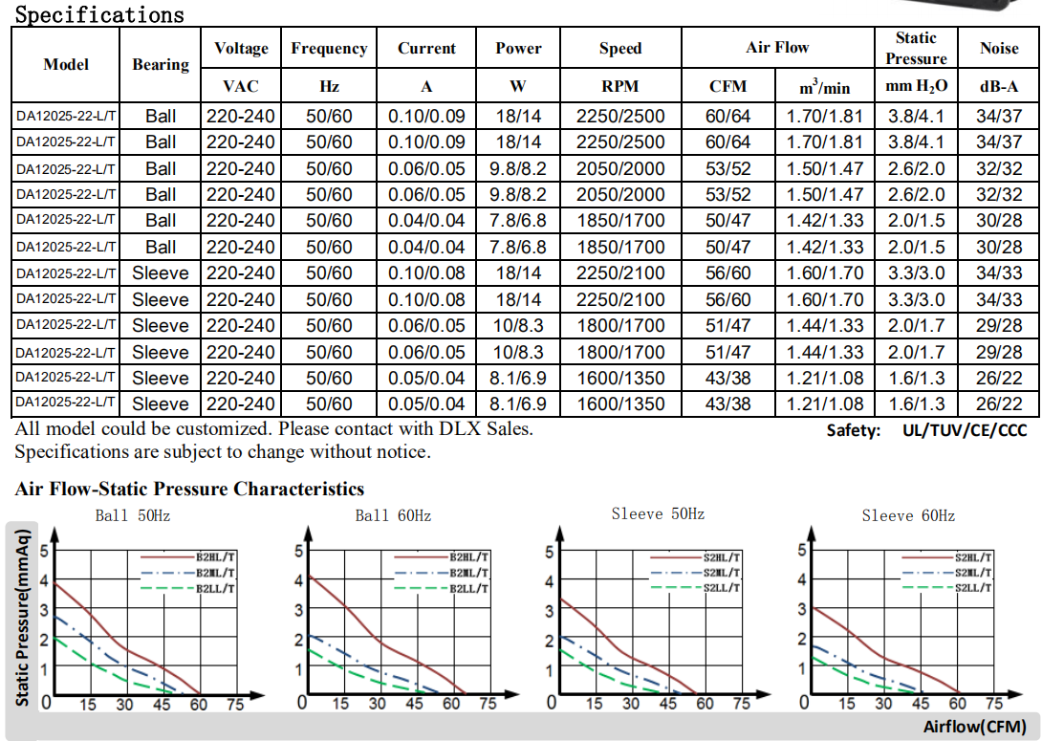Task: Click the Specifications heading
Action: pyautogui.click(x=99, y=14)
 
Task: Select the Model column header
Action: pyautogui.click(x=66, y=64)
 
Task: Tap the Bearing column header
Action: pyautogui.click(x=161, y=64)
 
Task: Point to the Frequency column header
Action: pyautogui.click(x=329, y=48)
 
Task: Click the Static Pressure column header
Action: pyautogui.click(x=915, y=48)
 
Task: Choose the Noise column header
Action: pyautogui.click(x=999, y=48)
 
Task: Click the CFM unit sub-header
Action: pyautogui.click(x=727, y=86)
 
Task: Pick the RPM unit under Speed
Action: pyautogui.click(x=620, y=86)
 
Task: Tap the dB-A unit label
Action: pyautogui.click(x=999, y=86)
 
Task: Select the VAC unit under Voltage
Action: pyautogui.click(x=241, y=86)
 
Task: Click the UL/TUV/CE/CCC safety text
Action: pyautogui.click(x=964, y=430)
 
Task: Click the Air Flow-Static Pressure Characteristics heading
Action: pyautogui.click(x=189, y=490)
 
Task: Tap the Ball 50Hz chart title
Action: pyautogui.click(x=133, y=516)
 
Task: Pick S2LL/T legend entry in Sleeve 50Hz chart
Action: pyautogui.click(x=722, y=587)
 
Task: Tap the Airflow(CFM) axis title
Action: pyautogui.click(x=974, y=727)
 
